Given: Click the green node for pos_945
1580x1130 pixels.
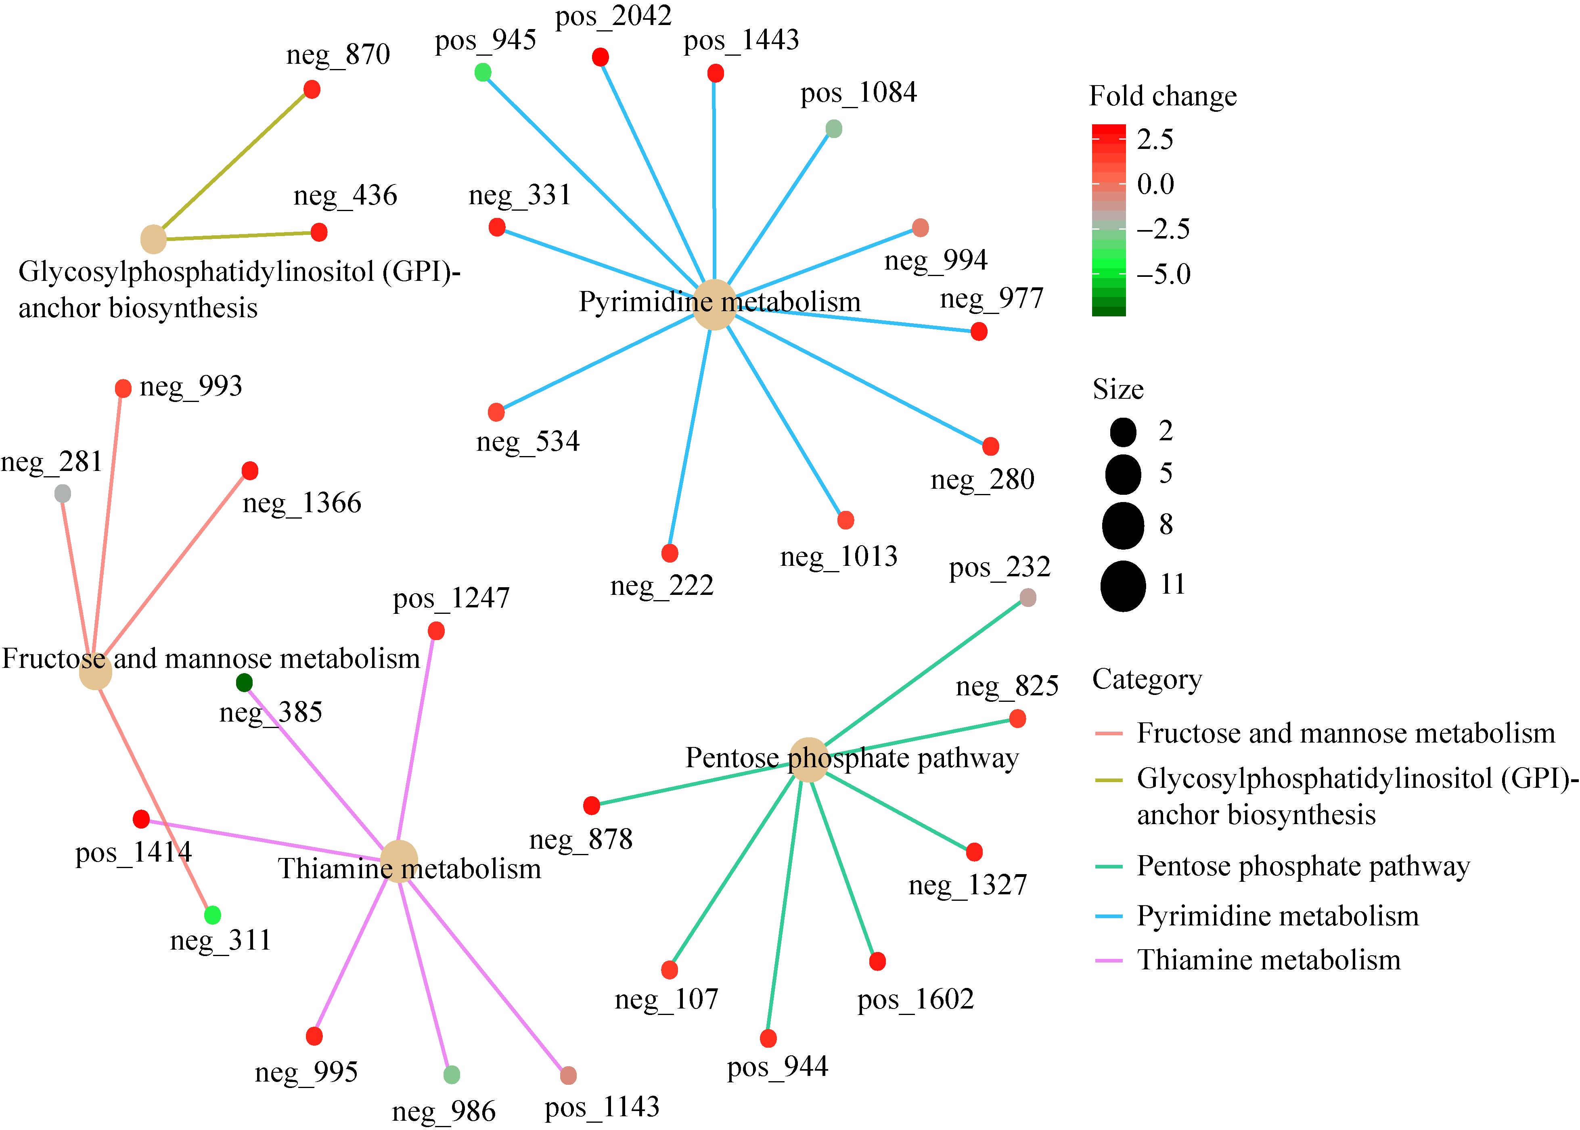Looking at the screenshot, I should coord(483,72).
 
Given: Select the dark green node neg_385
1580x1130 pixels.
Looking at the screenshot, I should coord(244,682).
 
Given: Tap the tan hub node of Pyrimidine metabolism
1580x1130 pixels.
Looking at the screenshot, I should coord(714,305).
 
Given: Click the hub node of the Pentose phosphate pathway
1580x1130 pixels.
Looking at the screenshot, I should coord(808,760).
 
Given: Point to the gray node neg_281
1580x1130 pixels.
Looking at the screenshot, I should coord(63,493).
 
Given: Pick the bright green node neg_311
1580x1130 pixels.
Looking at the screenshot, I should coord(213,914).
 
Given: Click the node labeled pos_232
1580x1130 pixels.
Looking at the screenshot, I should coord(1028,597).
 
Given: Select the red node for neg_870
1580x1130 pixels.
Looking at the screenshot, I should coord(312,89).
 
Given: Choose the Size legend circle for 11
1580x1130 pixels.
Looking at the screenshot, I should coord(1123,586).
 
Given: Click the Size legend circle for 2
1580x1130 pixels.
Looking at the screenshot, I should coord(1123,431).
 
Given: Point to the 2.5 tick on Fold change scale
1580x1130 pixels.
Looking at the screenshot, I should coord(1155,139).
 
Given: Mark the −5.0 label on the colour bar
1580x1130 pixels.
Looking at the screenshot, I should coord(1163,274).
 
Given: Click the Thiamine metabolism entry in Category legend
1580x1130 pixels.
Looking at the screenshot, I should coord(1268,960).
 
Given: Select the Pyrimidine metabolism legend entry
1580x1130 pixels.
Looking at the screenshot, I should coord(1277,916).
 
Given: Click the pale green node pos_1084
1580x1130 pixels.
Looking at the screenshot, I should coord(833,128).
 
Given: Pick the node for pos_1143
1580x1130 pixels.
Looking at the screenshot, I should coord(568,1075).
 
